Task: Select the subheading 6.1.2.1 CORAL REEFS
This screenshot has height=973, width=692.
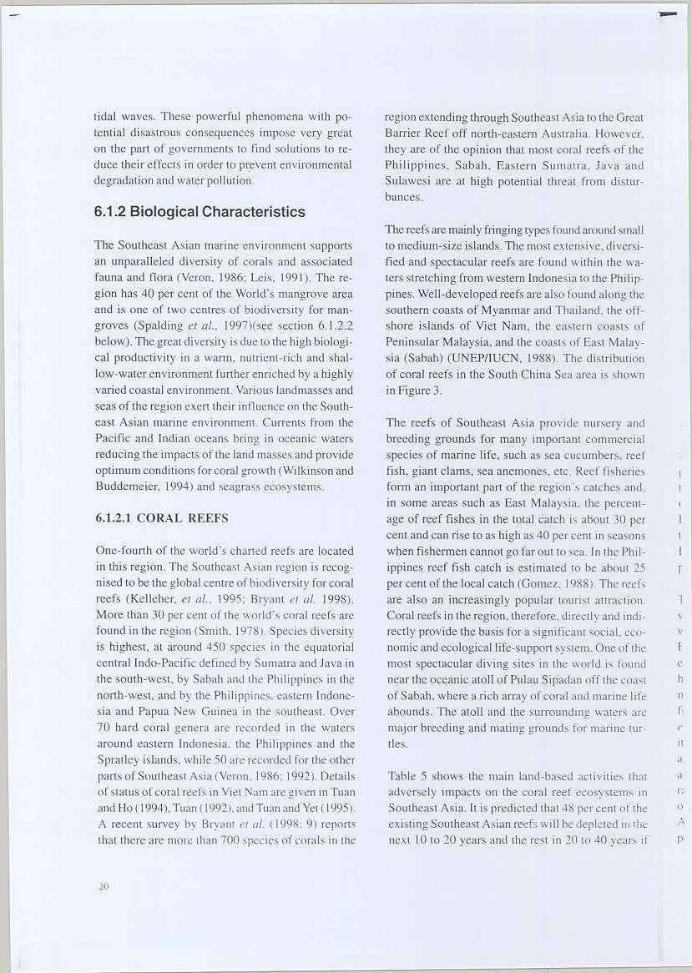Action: tap(162, 517)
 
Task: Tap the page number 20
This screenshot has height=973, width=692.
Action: tap(104, 889)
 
